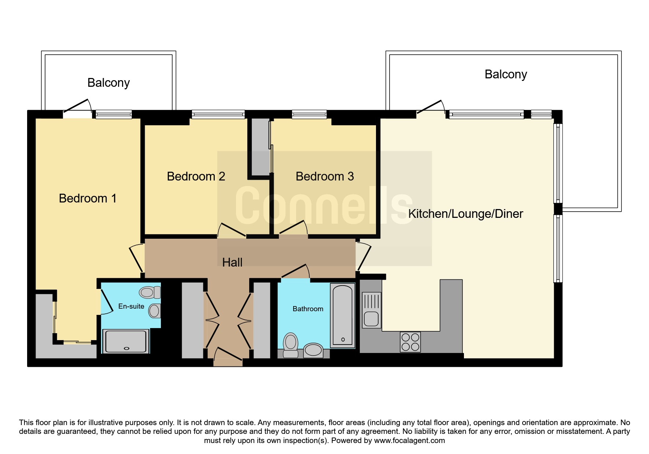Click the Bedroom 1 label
click(88, 198)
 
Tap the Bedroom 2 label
click(196, 176)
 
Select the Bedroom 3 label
click(325, 176)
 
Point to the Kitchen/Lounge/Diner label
click(465, 214)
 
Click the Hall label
click(232, 262)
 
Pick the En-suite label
click(131, 306)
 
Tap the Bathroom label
click(308, 309)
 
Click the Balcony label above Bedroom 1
click(108, 83)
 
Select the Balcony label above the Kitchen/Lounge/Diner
click(506, 74)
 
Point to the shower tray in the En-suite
click(126, 341)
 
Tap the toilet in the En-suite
click(150, 292)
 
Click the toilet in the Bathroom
click(291, 345)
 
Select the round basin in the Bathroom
click(313, 350)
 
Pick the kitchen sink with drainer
click(372, 310)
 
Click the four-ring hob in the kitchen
click(410, 342)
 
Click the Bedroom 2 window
click(218, 115)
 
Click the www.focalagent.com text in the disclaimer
click(409, 440)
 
